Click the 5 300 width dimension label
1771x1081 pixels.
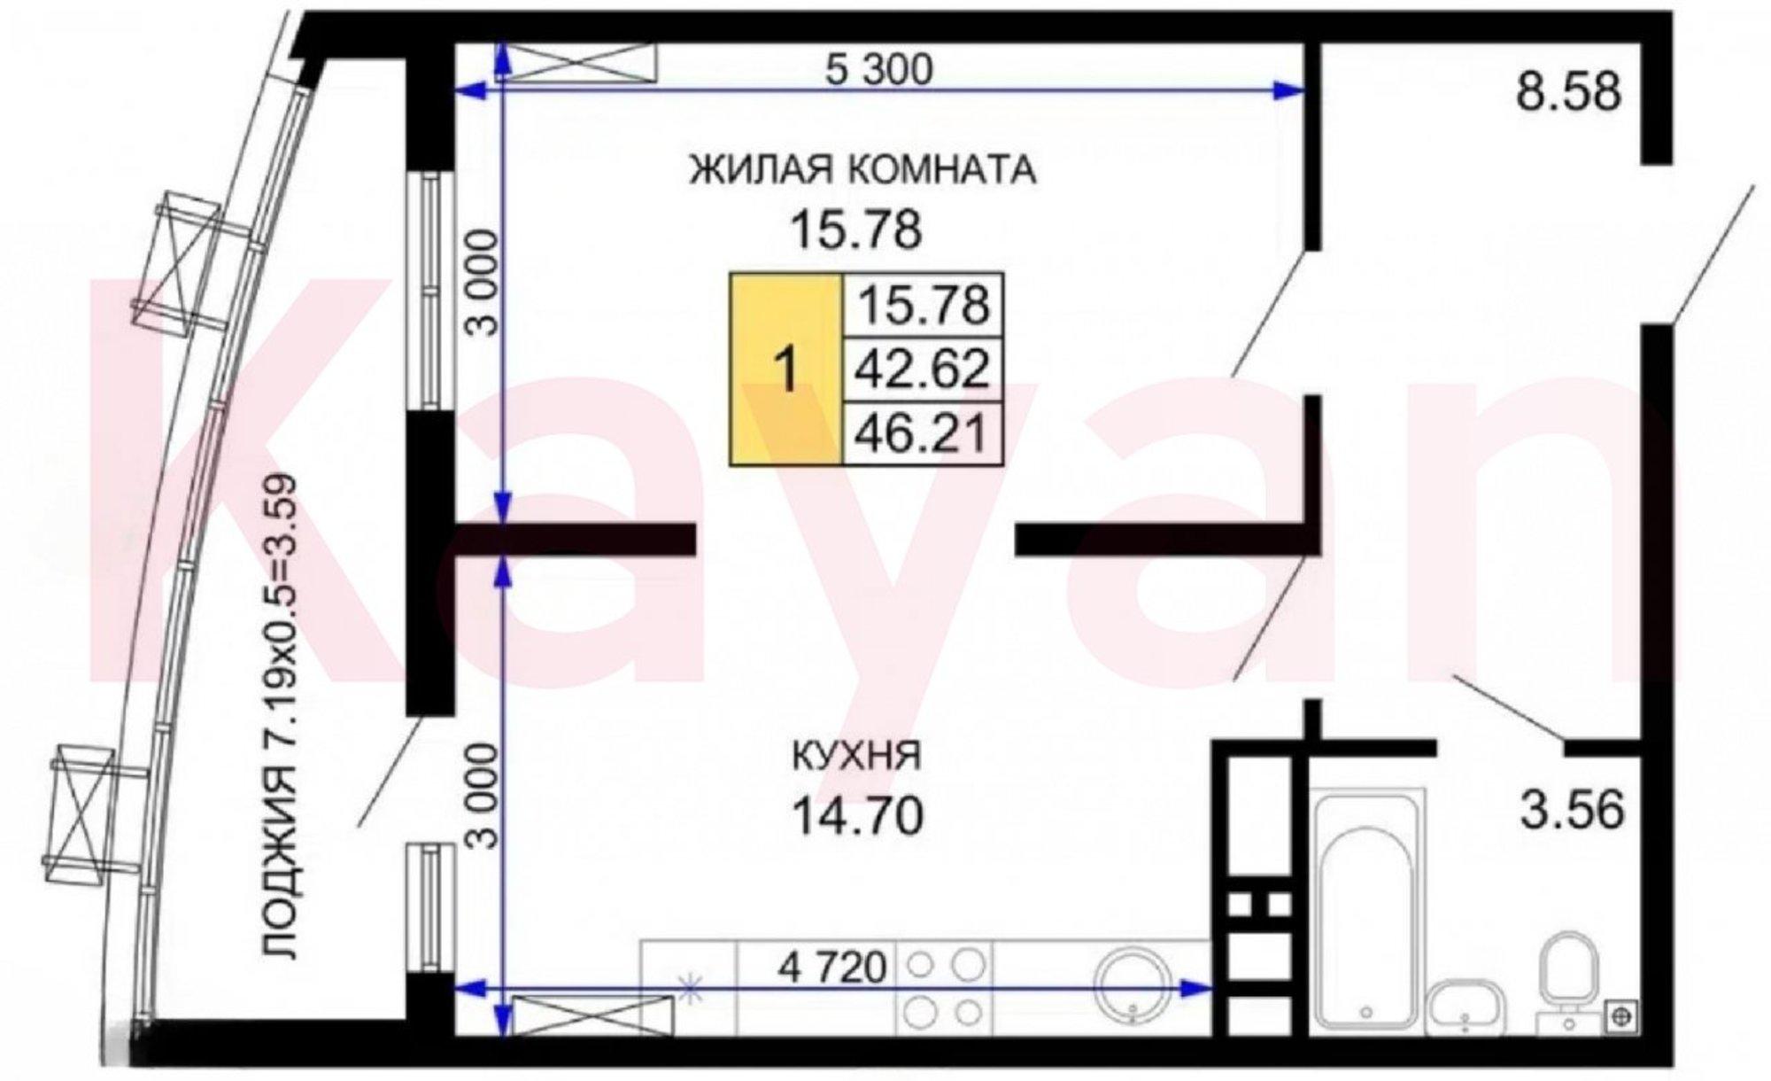[x=878, y=70]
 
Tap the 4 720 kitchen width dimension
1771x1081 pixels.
[x=831, y=968]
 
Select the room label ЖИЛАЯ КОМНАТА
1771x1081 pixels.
[x=862, y=170]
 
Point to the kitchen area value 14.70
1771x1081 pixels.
[x=857, y=816]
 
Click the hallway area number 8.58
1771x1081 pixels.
[x=1568, y=91]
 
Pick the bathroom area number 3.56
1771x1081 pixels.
[x=1573, y=811]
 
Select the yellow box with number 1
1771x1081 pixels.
[x=786, y=369]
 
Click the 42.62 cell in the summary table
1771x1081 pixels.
[x=922, y=369]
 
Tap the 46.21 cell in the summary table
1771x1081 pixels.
[x=922, y=433]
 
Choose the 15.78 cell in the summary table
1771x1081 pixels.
[x=922, y=305]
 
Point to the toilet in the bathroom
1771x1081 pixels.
[x=1568, y=980]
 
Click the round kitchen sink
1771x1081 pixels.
[x=1133, y=984]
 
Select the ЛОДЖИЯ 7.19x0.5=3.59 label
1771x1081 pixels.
[x=282, y=717]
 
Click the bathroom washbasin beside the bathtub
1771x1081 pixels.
[x=1468, y=1007]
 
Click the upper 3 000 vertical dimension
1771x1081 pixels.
[x=483, y=282]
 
